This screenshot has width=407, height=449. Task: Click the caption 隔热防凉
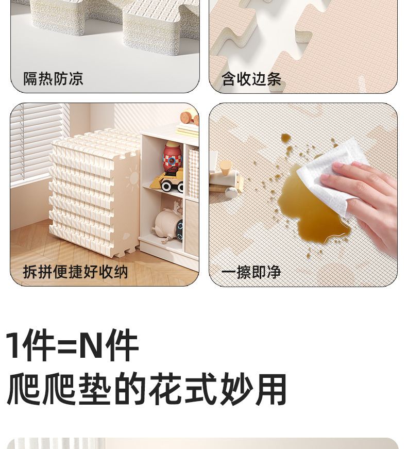53,79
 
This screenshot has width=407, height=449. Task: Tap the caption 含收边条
251,79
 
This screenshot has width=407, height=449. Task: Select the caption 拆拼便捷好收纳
76,272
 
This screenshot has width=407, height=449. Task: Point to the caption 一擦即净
251,272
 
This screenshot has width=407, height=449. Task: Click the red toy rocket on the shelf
172,158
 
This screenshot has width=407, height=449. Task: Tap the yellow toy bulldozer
167,180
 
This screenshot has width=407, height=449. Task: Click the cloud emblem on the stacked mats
126,236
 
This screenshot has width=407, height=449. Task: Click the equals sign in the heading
67,346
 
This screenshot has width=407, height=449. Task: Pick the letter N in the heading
91,345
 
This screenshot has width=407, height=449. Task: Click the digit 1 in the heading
15,345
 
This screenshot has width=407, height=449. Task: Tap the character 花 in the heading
166,389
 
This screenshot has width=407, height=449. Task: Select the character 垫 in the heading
95,389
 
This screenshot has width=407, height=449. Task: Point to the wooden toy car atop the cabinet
190,117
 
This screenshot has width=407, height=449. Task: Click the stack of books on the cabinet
187,130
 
